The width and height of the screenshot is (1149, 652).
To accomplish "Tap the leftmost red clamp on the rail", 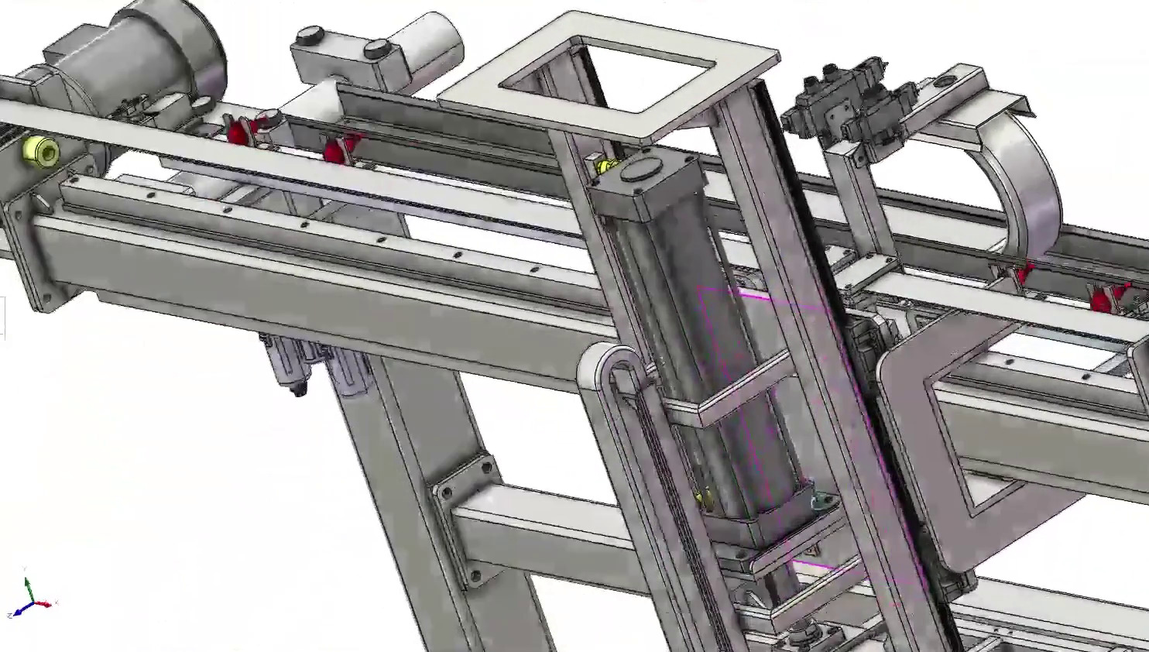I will [x=238, y=130].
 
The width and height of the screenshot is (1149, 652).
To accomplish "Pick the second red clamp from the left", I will [x=334, y=149].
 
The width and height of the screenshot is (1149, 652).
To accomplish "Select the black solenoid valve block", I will [x=844, y=105].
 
